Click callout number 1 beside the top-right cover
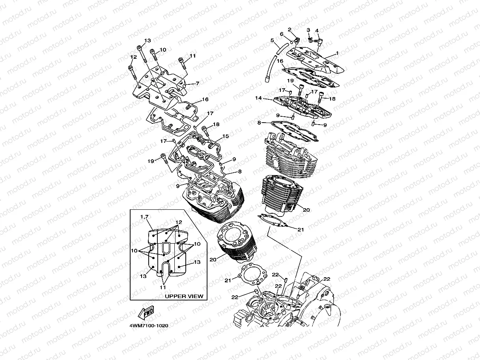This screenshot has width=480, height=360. point(337,53)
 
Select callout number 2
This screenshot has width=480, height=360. point(289,30)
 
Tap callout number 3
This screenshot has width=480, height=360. point(308,30)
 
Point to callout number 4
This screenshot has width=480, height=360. point(317,31)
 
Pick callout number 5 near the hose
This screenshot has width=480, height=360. point(272,40)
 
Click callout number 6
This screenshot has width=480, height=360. point(282,34)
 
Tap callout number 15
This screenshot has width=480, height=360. point(226,136)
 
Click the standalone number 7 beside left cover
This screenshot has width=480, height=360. point(197,83)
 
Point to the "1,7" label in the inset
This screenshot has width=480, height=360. point(144,217)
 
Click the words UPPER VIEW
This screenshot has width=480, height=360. point(184,296)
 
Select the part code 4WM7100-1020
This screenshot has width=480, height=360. point(149,326)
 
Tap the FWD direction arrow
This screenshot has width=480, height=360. point(145,313)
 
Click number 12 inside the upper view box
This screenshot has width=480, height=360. point(178,222)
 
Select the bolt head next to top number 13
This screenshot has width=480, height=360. point(140,48)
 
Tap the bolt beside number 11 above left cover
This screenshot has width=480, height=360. point(181,60)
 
